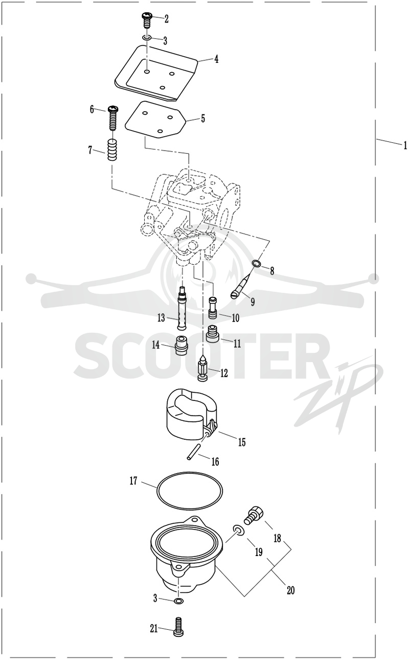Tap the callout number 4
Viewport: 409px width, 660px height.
pyautogui.click(x=216, y=59)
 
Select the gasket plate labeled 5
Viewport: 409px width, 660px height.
pyautogui.click(x=156, y=120)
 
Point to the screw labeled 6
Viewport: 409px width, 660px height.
pyautogui.click(x=112, y=118)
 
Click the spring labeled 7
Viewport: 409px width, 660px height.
pyautogui.click(x=111, y=150)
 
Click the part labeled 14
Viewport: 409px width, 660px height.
pyautogui.click(x=181, y=345)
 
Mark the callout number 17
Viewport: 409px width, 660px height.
pyautogui.click(x=133, y=481)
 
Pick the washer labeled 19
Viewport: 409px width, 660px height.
pyautogui.click(x=239, y=530)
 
